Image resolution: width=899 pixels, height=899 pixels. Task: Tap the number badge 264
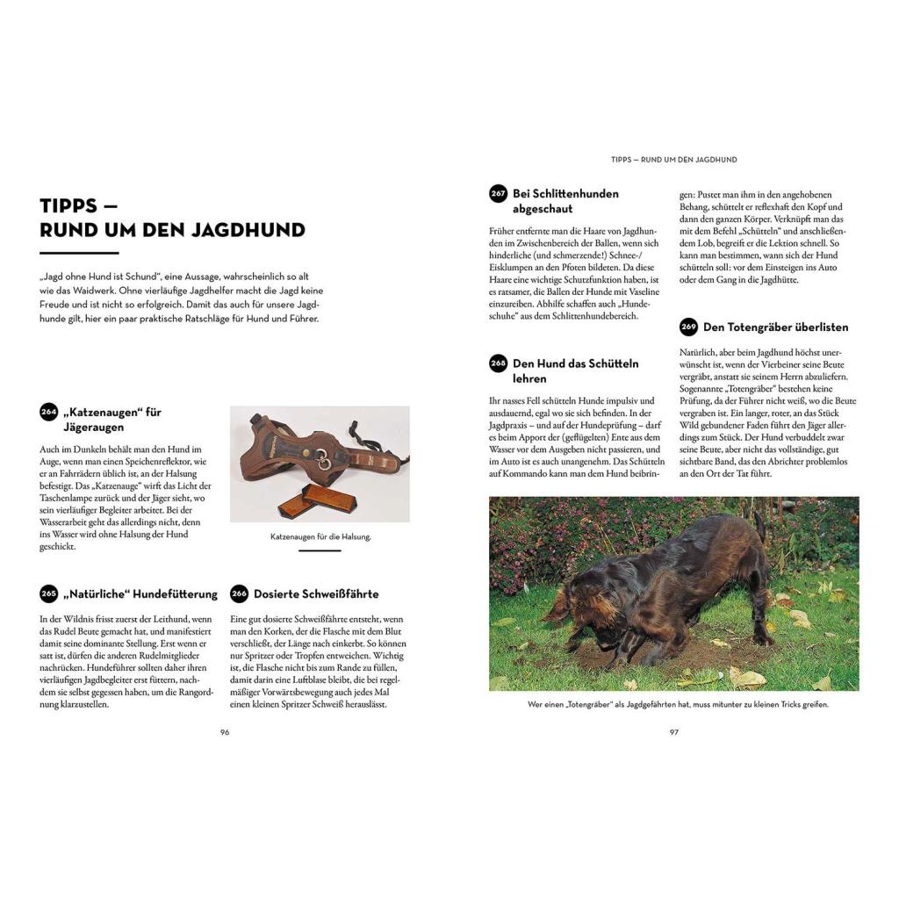pyautogui.click(x=48, y=412)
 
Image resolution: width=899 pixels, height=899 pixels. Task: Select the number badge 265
pyautogui.click(x=48, y=594)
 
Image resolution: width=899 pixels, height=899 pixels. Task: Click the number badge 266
pyautogui.click(x=239, y=594)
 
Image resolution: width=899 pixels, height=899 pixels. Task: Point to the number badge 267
pyautogui.click(x=499, y=194)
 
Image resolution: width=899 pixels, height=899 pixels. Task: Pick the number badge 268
pyautogui.click(x=499, y=363)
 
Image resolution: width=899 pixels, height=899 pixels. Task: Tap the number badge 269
pyautogui.click(x=688, y=327)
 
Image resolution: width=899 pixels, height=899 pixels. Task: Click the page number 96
pyautogui.click(x=225, y=732)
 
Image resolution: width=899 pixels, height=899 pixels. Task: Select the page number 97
pyautogui.click(x=674, y=732)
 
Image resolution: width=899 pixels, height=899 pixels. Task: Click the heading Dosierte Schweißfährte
pyautogui.click(x=316, y=594)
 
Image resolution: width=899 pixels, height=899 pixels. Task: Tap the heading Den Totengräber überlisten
pyautogui.click(x=776, y=327)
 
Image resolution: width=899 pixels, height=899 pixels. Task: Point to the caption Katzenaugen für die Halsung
pyautogui.click(x=320, y=536)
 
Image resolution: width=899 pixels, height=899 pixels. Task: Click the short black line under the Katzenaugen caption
pyautogui.click(x=320, y=550)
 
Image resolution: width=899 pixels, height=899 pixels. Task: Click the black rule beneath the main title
pyautogui.click(x=79, y=253)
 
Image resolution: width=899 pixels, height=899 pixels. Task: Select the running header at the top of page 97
pyautogui.click(x=674, y=160)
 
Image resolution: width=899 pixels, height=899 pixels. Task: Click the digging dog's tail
pyautogui.click(x=760, y=528)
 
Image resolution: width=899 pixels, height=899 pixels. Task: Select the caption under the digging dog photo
pyautogui.click(x=674, y=704)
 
